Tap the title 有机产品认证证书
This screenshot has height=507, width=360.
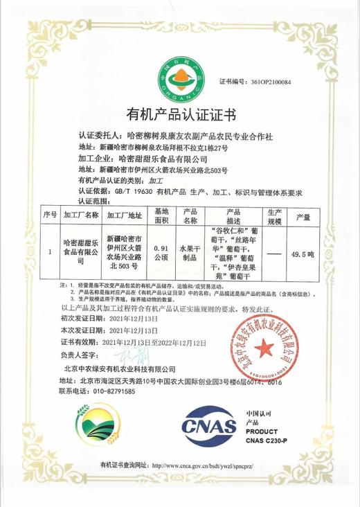pyautogui.click(x=180, y=114)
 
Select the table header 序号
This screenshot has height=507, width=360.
pyautogui.click(x=49, y=215)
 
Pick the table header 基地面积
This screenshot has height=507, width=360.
pyautogui.click(x=161, y=215)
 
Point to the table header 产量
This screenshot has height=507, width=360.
pyautogui.click(x=303, y=215)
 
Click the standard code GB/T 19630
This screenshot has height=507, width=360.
pyautogui.click(x=134, y=190)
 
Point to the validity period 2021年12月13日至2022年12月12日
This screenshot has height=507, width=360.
pyautogui.click(x=154, y=342)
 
